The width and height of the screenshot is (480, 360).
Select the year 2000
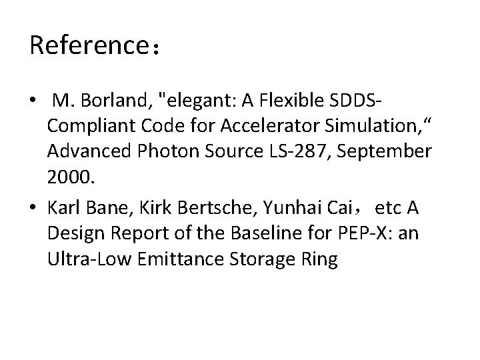tap(68, 175)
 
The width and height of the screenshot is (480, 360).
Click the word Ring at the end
tap(321, 259)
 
